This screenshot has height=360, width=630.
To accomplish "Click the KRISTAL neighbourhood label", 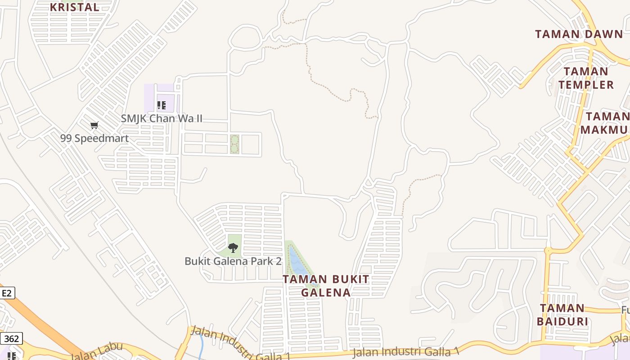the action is [74, 7].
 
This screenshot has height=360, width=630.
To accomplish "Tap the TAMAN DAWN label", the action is [579, 34].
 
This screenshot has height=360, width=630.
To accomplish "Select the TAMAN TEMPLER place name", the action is [586, 78].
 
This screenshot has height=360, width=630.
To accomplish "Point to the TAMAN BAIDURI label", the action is [562, 315].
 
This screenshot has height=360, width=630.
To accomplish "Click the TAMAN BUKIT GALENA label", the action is [326, 286].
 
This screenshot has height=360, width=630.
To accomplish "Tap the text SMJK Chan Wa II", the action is [162, 118].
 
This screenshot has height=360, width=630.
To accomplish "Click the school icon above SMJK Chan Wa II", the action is [162, 106].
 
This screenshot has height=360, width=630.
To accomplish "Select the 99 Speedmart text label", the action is [94, 138].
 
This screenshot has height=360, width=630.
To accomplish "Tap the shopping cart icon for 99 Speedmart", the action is [94, 126].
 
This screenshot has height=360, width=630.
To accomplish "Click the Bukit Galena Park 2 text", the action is [233, 261].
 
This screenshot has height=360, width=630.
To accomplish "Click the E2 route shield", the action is [7, 293].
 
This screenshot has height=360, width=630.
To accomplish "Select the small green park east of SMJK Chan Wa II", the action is [234, 144].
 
